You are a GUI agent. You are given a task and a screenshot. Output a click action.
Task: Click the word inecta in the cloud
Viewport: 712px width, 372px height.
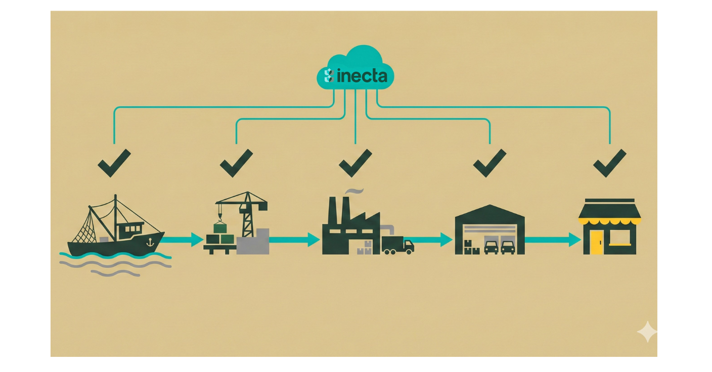pyautogui.click(x=362, y=76)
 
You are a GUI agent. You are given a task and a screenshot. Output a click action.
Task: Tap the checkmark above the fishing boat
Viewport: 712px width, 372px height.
pyautogui.click(x=114, y=163)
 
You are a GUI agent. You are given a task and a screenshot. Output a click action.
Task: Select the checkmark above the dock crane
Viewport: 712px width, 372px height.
pyautogui.click(x=236, y=163)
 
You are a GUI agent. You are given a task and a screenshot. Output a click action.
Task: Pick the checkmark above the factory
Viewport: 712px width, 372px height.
pyautogui.click(x=355, y=163)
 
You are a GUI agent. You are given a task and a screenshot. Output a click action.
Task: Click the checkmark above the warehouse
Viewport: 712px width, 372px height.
pyautogui.click(x=489, y=163)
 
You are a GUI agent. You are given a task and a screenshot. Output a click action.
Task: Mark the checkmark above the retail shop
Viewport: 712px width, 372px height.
pyautogui.click(x=609, y=163)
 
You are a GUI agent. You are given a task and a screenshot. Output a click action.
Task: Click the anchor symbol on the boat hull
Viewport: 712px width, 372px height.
pyautogui.click(x=149, y=243)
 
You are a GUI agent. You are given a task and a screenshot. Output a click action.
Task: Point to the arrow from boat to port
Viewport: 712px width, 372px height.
pyautogui.click(x=183, y=240)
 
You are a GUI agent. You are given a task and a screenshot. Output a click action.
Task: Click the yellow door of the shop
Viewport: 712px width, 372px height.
pyautogui.click(x=597, y=242)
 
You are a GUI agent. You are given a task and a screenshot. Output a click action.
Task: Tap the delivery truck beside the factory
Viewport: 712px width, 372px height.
pyautogui.click(x=397, y=245)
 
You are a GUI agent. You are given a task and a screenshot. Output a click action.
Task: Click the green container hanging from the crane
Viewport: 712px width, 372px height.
pyautogui.click(x=220, y=228)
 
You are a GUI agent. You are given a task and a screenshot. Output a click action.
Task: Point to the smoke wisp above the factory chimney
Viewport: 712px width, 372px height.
pyautogui.click(x=354, y=191)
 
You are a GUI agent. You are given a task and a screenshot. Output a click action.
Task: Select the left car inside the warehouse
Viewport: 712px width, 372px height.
pyautogui.click(x=491, y=247)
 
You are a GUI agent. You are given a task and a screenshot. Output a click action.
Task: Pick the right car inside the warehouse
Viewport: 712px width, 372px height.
pyautogui.click(x=508, y=247)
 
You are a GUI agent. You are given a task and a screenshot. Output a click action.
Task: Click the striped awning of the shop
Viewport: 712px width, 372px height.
pyautogui.click(x=609, y=220)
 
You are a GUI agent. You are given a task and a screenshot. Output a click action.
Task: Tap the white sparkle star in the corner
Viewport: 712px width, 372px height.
pyautogui.click(x=647, y=332)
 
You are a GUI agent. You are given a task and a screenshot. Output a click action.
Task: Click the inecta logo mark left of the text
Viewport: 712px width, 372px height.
pyautogui.click(x=328, y=76)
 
